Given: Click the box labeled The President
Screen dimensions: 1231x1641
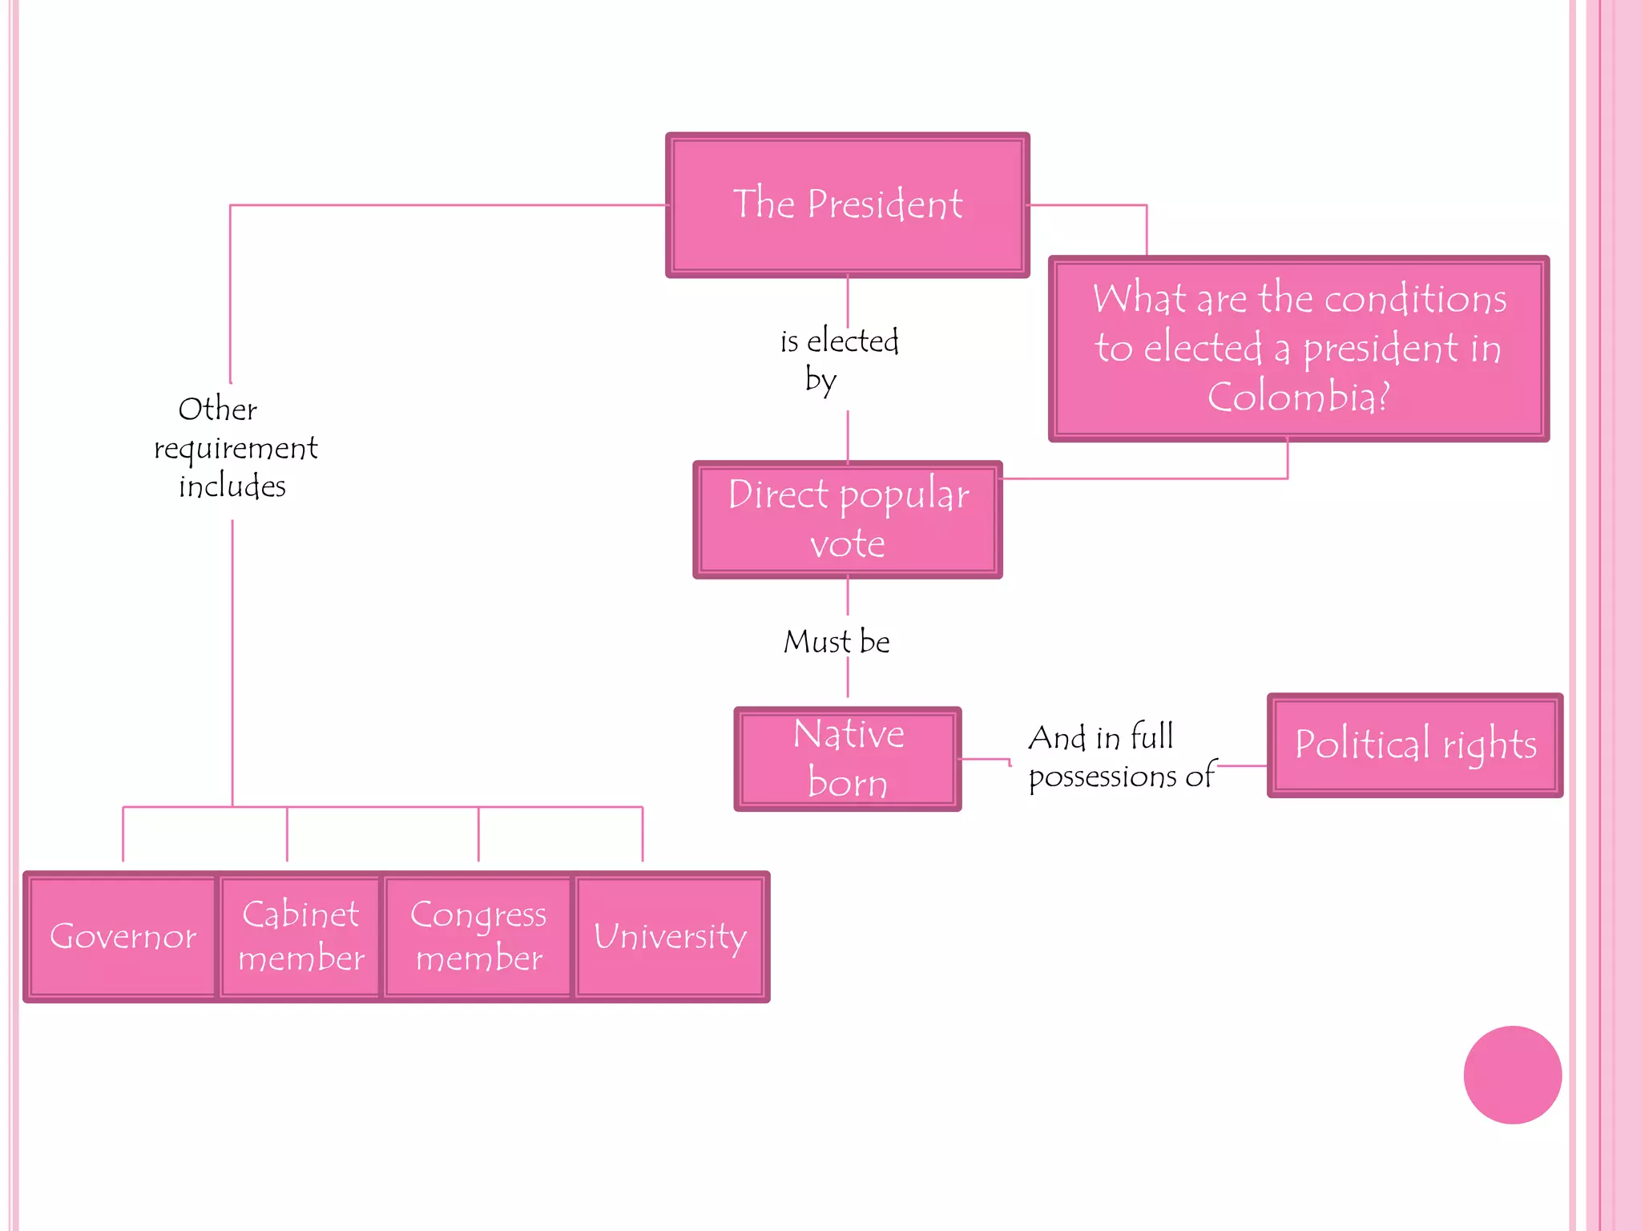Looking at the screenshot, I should pos(847,205).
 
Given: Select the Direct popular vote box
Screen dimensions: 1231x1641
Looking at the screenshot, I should pos(847,519).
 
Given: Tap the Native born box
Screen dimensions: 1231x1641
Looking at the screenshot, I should pos(847,758).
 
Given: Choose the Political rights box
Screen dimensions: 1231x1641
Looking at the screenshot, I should pos(1414,745).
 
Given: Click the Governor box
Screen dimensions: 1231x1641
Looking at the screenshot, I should pos(123,936).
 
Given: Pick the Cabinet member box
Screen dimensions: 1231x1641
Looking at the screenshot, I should pos(300,936).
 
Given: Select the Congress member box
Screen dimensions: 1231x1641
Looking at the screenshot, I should pos(478,936).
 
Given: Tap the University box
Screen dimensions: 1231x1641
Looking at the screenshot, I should pos(670,936).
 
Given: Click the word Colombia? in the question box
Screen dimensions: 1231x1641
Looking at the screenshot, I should pos(1298,397).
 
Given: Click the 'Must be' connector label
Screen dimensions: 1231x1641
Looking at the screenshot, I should pos(837,642).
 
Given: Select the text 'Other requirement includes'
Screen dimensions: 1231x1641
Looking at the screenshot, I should pos(234,447).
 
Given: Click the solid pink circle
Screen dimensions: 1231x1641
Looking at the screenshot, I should pos(1512,1075).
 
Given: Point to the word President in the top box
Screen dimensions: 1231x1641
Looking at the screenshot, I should pos(885,204).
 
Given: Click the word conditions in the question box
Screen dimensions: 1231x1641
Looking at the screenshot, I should pos(1415,299).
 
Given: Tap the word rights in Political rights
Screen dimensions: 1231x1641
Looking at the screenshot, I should pos(1490,745).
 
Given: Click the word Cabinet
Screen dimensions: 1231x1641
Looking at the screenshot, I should pos(300,914).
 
